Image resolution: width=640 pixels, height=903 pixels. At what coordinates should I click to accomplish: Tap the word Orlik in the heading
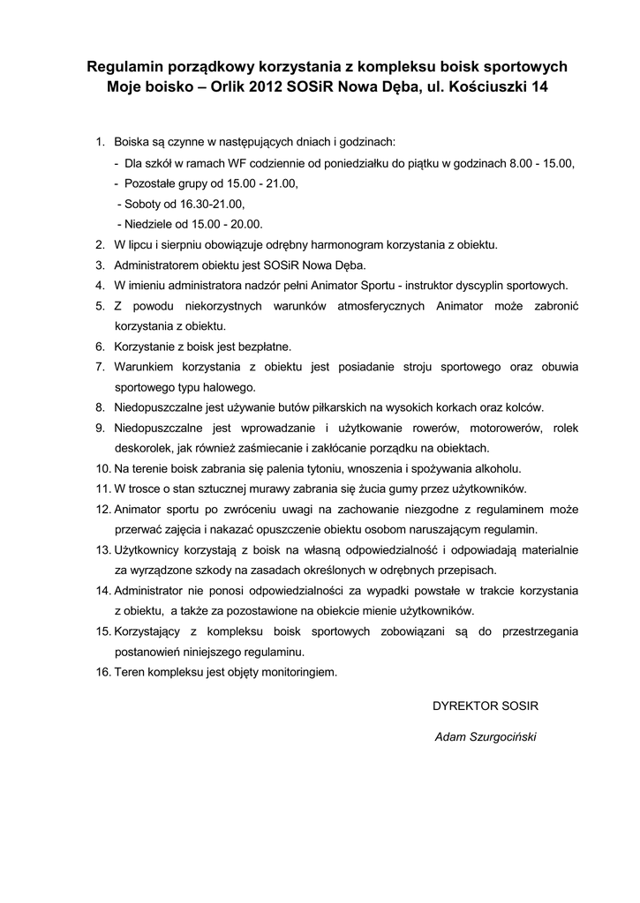coord(221,88)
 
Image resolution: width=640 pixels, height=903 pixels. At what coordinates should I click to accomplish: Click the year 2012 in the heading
coord(267,88)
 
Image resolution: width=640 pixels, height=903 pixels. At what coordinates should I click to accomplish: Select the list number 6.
coord(100,347)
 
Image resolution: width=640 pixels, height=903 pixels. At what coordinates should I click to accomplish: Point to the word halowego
coord(229,387)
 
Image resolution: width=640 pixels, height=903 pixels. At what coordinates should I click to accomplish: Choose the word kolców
coord(525,407)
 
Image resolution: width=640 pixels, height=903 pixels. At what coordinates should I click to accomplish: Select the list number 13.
coord(102,549)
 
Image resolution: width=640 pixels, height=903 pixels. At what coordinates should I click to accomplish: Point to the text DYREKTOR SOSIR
coord(485,706)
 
